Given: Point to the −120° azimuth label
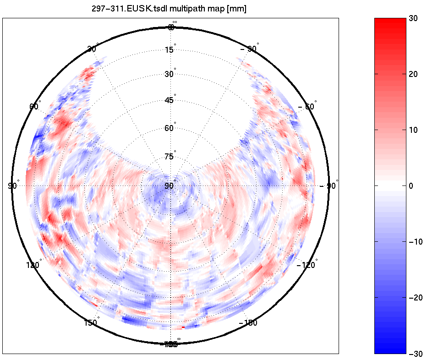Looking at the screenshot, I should point(307,265).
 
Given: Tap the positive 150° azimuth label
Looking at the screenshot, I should point(91,323).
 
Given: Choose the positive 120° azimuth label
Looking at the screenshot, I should point(33,265).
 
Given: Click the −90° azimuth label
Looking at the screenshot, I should point(330,185).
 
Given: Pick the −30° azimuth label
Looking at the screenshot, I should point(249,49).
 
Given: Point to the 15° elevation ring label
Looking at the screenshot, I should point(170,49).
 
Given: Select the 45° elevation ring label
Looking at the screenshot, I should point(170,100).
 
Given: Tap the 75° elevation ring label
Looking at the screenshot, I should point(170,157).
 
